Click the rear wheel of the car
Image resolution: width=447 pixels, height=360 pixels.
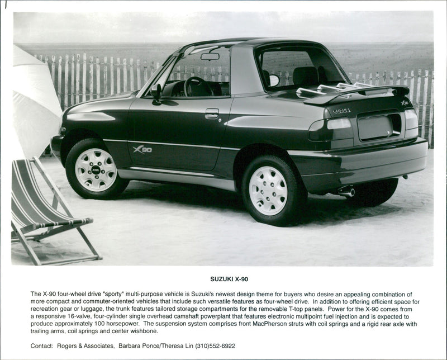coord(269,190)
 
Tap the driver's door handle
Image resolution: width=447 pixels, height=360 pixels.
coord(212,113)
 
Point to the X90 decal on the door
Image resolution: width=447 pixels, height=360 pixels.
coord(142,149)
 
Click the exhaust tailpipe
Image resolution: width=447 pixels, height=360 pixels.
coord(347,192)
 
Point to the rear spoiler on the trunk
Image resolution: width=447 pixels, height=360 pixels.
coord(358,94)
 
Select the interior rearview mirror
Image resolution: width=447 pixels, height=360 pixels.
coord(210,56)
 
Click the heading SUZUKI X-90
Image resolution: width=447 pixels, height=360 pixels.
coord(229,278)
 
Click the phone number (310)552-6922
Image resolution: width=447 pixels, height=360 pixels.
coord(215,346)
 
